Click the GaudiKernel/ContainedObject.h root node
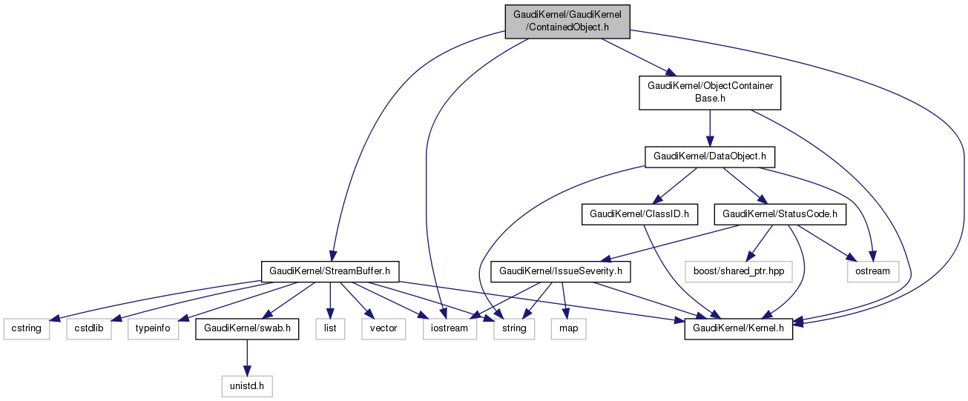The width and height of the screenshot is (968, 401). pyautogui.click(x=567, y=20)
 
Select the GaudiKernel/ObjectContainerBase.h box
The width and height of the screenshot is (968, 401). pyautogui.click(x=710, y=92)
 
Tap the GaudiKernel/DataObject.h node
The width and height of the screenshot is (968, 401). pyautogui.click(x=710, y=157)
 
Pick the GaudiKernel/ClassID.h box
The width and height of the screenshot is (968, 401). pyautogui.click(x=639, y=214)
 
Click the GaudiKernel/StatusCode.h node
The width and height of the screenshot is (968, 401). pyautogui.click(x=780, y=214)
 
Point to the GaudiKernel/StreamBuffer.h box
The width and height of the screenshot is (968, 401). pyautogui.click(x=330, y=271)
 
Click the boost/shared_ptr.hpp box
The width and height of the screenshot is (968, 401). pyautogui.click(x=738, y=271)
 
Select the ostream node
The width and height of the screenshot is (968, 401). pyautogui.click(x=872, y=271)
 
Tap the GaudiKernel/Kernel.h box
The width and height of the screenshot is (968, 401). pyautogui.click(x=738, y=328)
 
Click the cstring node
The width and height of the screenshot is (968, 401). pyautogui.click(x=26, y=328)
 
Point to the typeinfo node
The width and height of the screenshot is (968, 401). pyautogui.click(x=154, y=328)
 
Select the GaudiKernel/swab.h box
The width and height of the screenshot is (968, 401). pyautogui.click(x=247, y=328)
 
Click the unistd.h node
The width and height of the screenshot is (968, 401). pyautogui.click(x=247, y=385)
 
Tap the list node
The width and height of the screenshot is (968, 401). pyautogui.click(x=330, y=328)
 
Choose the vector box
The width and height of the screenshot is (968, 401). pyautogui.click(x=383, y=328)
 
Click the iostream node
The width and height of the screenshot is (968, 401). pyautogui.click(x=450, y=328)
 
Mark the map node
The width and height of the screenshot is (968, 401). pyautogui.click(x=568, y=328)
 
